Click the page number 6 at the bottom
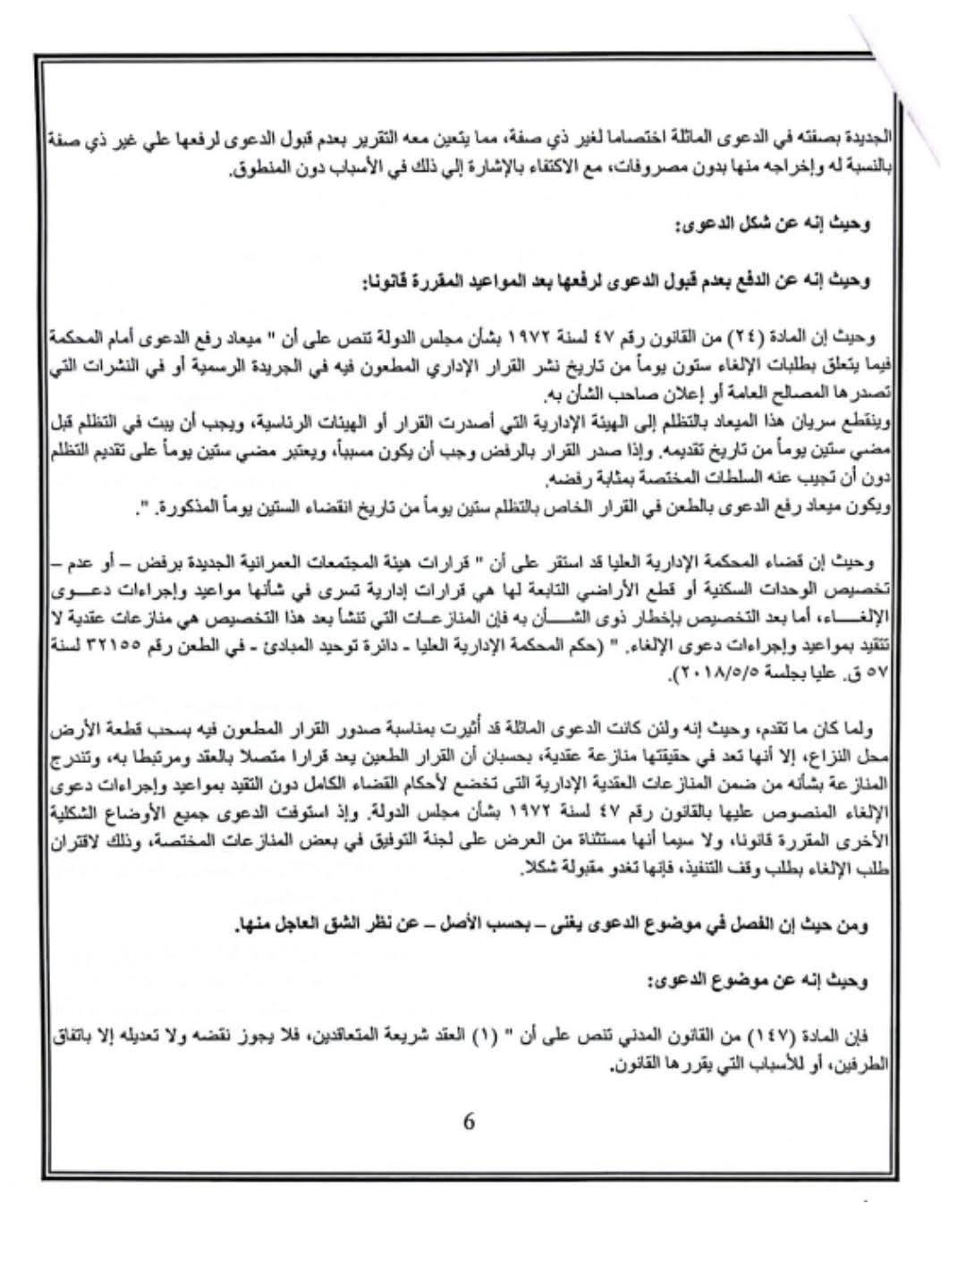tap(469, 1122)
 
